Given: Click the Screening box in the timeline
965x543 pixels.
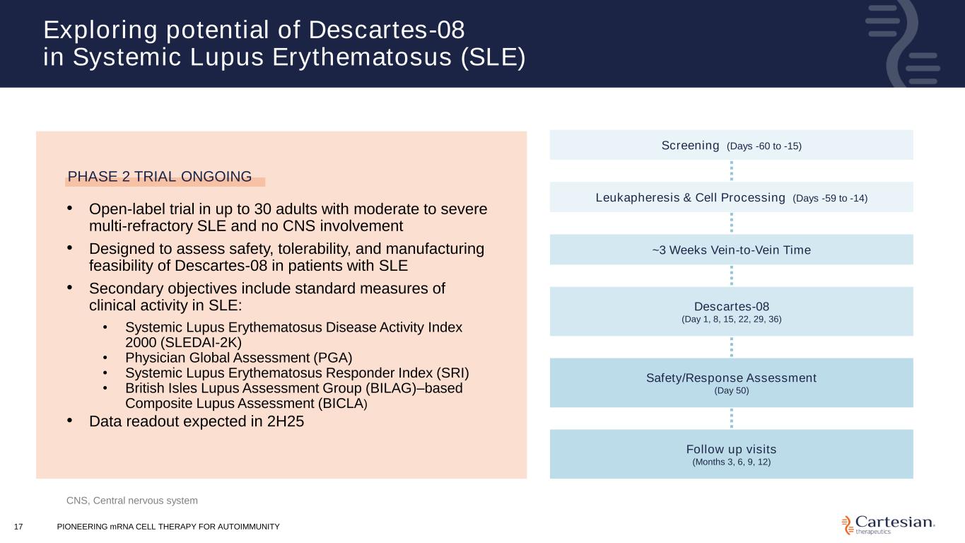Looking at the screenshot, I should coord(731,145).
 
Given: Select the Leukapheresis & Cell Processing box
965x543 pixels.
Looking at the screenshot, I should coord(731,197).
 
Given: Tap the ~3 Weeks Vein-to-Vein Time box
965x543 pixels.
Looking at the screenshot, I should coord(731,250).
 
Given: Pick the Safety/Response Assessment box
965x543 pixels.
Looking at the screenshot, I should coord(731,383).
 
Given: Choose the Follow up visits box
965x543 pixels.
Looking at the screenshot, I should coord(731,454).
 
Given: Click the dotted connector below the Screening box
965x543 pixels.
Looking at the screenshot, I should coord(732,170).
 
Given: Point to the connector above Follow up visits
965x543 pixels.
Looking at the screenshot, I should coord(732,418).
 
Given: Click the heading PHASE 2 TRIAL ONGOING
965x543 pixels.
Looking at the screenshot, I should coord(160,177).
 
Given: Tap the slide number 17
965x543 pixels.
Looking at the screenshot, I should coord(18,527).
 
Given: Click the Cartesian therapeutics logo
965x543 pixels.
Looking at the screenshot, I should coord(888,524).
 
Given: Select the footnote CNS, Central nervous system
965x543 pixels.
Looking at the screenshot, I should coord(132,501).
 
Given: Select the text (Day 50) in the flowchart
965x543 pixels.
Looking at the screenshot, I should coord(731,390).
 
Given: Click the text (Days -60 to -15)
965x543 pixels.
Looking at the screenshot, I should coord(764,146).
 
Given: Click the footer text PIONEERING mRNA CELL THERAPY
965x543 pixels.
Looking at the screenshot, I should coord(168,527).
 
